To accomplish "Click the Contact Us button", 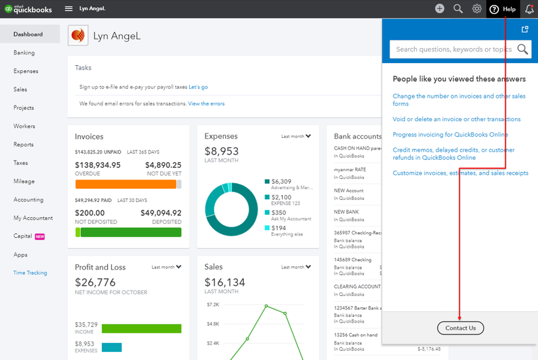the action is pyautogui.click(x=460, y=328).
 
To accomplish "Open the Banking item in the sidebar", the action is pyautogui.click(x=24, y=53).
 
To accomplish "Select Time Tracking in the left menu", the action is pyautogui.click(x=30, y=273).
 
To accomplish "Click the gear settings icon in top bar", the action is pyautogui.click(x=477, y=9).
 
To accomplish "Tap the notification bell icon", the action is pyautogui.click(x=529, y=9).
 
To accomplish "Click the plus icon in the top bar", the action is pyautogui.click(x=439, y=9).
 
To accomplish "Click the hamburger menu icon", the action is pyautogui.click(x=68, y=9).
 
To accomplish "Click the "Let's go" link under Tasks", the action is pyautogui.click(x=198, y=87).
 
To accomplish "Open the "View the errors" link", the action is pyautogui.click(x=206, y=103).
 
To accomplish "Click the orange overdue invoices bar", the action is pyautogui.click(x=125, y=184).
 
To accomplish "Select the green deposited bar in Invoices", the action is pyautogui.click(x=131, y=233).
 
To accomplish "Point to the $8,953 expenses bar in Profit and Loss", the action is pyautogui.click(x=111, y=347).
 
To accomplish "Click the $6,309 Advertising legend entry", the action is pyautogui.click(x=289, y=184).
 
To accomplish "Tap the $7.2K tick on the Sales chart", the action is pyautogui.click(x=213, y=304).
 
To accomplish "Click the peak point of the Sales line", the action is pyautogui.click(x=266, y=306).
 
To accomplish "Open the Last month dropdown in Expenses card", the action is pyautogui.click(x=296, y=136).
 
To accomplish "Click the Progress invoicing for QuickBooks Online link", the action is pyautogui.click(x=450, y=135).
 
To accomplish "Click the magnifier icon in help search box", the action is pyautogui.click(x=522, y=49).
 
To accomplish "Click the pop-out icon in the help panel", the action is pyautogui.click(x=525, y=29).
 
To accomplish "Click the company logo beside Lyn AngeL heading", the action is pyautogui.click(x=78, y=36).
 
